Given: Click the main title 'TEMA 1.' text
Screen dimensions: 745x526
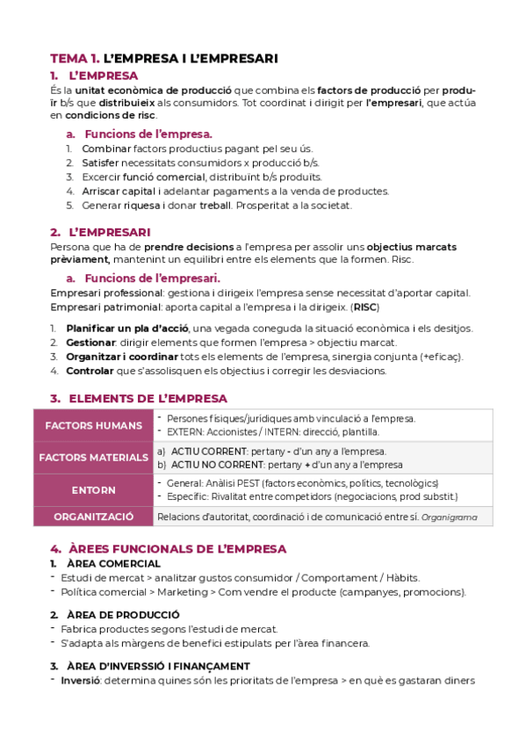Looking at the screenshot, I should [x=75, y=58].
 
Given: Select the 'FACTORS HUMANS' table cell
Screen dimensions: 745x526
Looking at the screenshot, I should [x=93, y=425].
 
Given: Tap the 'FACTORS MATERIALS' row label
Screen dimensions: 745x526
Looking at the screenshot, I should [x=93, y=457].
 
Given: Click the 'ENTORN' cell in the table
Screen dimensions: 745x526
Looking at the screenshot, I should [x=93, y=489].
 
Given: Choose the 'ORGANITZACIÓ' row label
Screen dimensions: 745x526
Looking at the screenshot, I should [x=93, y=517].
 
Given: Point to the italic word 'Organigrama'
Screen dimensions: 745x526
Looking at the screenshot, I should [x=450, y=517].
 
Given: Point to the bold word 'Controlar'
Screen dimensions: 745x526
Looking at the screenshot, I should [x=90, y=371].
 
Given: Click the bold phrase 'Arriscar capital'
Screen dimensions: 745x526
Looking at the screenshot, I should [x=110, y=192].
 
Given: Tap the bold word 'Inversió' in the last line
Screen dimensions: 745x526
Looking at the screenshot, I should [x=80, y=680].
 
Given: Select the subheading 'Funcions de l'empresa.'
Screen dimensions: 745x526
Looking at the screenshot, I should [x=148, y=134].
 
